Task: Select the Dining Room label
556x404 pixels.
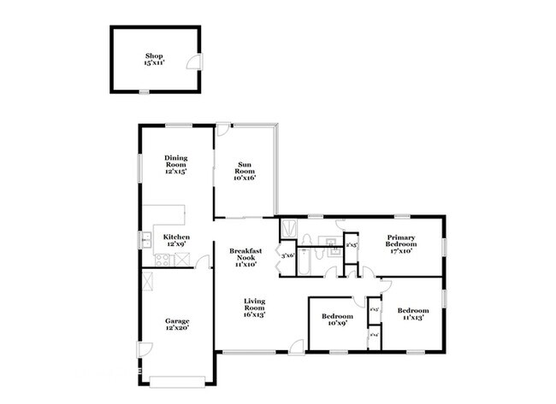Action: coord(176,164)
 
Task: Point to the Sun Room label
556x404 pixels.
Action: coord(245,172)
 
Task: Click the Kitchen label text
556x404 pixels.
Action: coord(176,239)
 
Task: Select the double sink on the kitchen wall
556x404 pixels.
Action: coord(145,239)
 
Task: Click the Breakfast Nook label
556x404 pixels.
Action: coord(245,257)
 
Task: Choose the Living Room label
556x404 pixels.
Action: coord(254,307)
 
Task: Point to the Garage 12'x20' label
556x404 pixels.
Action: coord(177,325)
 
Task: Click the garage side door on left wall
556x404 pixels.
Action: coord(147,350)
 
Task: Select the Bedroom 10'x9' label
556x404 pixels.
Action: coord(337,319)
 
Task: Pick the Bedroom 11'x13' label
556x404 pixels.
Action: coord(412,313)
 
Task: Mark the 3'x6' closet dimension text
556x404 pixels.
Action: coord(288,255)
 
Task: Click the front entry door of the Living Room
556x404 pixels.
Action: coord(295,346)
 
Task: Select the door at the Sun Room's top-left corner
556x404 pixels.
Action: coord(222,131)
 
